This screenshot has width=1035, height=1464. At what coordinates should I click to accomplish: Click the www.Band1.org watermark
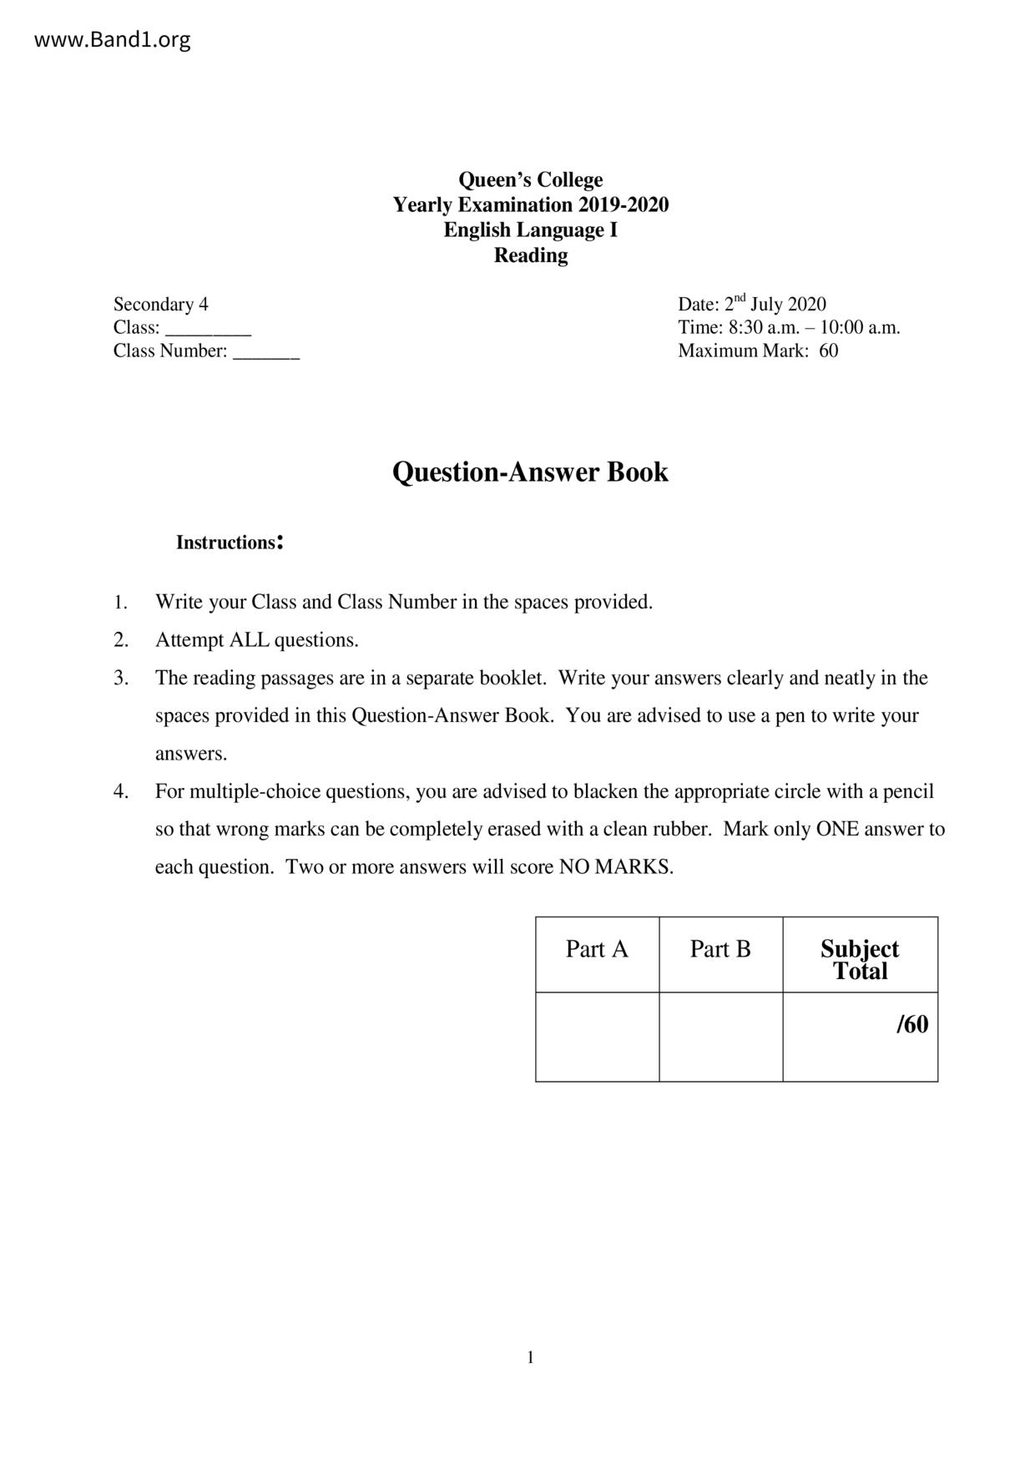pos(112,40)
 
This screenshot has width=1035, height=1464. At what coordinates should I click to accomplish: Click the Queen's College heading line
pos(530,180)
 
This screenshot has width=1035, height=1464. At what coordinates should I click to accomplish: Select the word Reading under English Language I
pos(530,255)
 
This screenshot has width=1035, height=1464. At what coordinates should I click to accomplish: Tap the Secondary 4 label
pos(161,305)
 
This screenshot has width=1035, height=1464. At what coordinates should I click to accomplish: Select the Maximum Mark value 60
pos(828,351)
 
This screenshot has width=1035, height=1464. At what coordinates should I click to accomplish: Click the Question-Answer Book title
pos(530,472)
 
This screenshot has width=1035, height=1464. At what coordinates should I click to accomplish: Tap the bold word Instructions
pos(226,543)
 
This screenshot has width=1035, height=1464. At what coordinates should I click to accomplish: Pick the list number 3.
pos(121,678)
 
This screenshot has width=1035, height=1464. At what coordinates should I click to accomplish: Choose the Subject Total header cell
pos(860,960)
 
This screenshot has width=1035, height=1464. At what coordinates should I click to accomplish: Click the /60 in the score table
pos(911,1025)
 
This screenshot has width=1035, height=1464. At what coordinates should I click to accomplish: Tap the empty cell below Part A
pos(597,1037)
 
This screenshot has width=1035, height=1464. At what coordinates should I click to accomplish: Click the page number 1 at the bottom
pos(531,1358)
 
